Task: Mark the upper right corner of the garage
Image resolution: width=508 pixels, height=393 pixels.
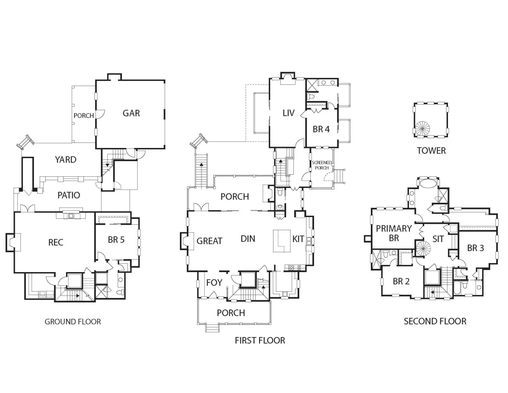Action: (x=165, y=80)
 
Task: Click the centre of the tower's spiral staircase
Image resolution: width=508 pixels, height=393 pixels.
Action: (x=422, y=128)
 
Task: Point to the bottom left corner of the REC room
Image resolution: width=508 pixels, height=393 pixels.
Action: (x=14, y=272)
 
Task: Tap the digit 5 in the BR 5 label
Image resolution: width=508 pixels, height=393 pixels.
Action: (x=122, y=240)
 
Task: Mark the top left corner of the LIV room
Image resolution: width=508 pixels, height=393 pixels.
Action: (x=270, y=79)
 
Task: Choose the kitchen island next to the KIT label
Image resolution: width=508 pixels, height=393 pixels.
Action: (x=282, y=241)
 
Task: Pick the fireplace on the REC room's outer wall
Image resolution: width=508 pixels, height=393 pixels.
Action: (x=13, y=242)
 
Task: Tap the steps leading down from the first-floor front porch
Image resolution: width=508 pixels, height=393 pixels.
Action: (x=212, y=328)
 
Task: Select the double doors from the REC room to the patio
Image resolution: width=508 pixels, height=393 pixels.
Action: (x=28, y=208)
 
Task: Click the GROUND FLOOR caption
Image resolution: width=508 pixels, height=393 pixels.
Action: (x=73, y=322)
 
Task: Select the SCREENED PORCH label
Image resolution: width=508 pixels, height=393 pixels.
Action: (x=322, y=165)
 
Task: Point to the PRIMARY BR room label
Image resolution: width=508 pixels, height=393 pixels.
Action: (x=394, y=233)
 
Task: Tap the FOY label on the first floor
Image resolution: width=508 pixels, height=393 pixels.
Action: (x=214, y=282)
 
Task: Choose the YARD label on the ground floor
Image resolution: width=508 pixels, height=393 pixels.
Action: (x=66, y=160)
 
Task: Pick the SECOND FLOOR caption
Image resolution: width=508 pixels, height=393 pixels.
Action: (x=435, y=321)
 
